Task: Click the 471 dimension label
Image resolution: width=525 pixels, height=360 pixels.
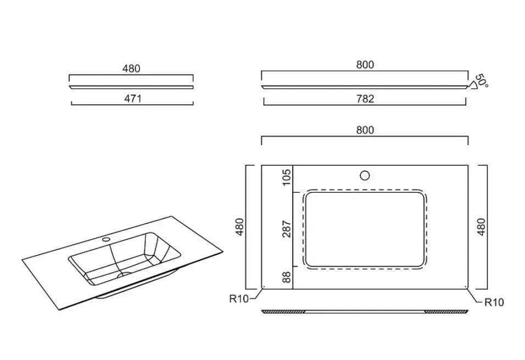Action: (133, 99)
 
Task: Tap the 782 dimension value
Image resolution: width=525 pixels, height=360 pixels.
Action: (365, 99)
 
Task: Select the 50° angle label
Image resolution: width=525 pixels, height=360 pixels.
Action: (482, 80)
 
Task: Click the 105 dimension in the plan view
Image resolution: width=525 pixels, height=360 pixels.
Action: (287, 177)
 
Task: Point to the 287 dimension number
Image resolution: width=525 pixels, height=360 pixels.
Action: (287, 229)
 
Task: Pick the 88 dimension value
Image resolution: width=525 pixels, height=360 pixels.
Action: (287, 277)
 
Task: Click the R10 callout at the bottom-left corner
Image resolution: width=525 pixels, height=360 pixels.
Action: (239, 299)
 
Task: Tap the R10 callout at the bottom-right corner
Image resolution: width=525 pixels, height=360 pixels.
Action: (494, 302)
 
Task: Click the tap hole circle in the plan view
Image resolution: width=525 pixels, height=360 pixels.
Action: (365, 175)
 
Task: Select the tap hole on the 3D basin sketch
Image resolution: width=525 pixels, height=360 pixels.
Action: (107, 239)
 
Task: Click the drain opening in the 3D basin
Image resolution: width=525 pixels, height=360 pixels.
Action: (124, 274)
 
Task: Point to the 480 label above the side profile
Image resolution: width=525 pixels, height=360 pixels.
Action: (131, 69)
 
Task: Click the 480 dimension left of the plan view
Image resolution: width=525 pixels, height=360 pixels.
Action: (240, 227)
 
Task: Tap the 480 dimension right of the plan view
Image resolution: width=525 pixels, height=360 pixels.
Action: (481, 227)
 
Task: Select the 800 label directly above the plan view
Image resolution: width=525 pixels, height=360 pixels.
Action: (365, 130)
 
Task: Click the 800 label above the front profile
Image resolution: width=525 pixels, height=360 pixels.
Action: (365, 65)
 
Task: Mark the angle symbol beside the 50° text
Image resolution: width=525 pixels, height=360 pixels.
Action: (472, 85)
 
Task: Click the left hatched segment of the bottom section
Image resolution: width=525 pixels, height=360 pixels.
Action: (283, 312)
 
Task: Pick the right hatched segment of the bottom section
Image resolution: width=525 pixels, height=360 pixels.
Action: (446, 312)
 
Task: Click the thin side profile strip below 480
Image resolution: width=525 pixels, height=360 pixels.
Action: (131, 87)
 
